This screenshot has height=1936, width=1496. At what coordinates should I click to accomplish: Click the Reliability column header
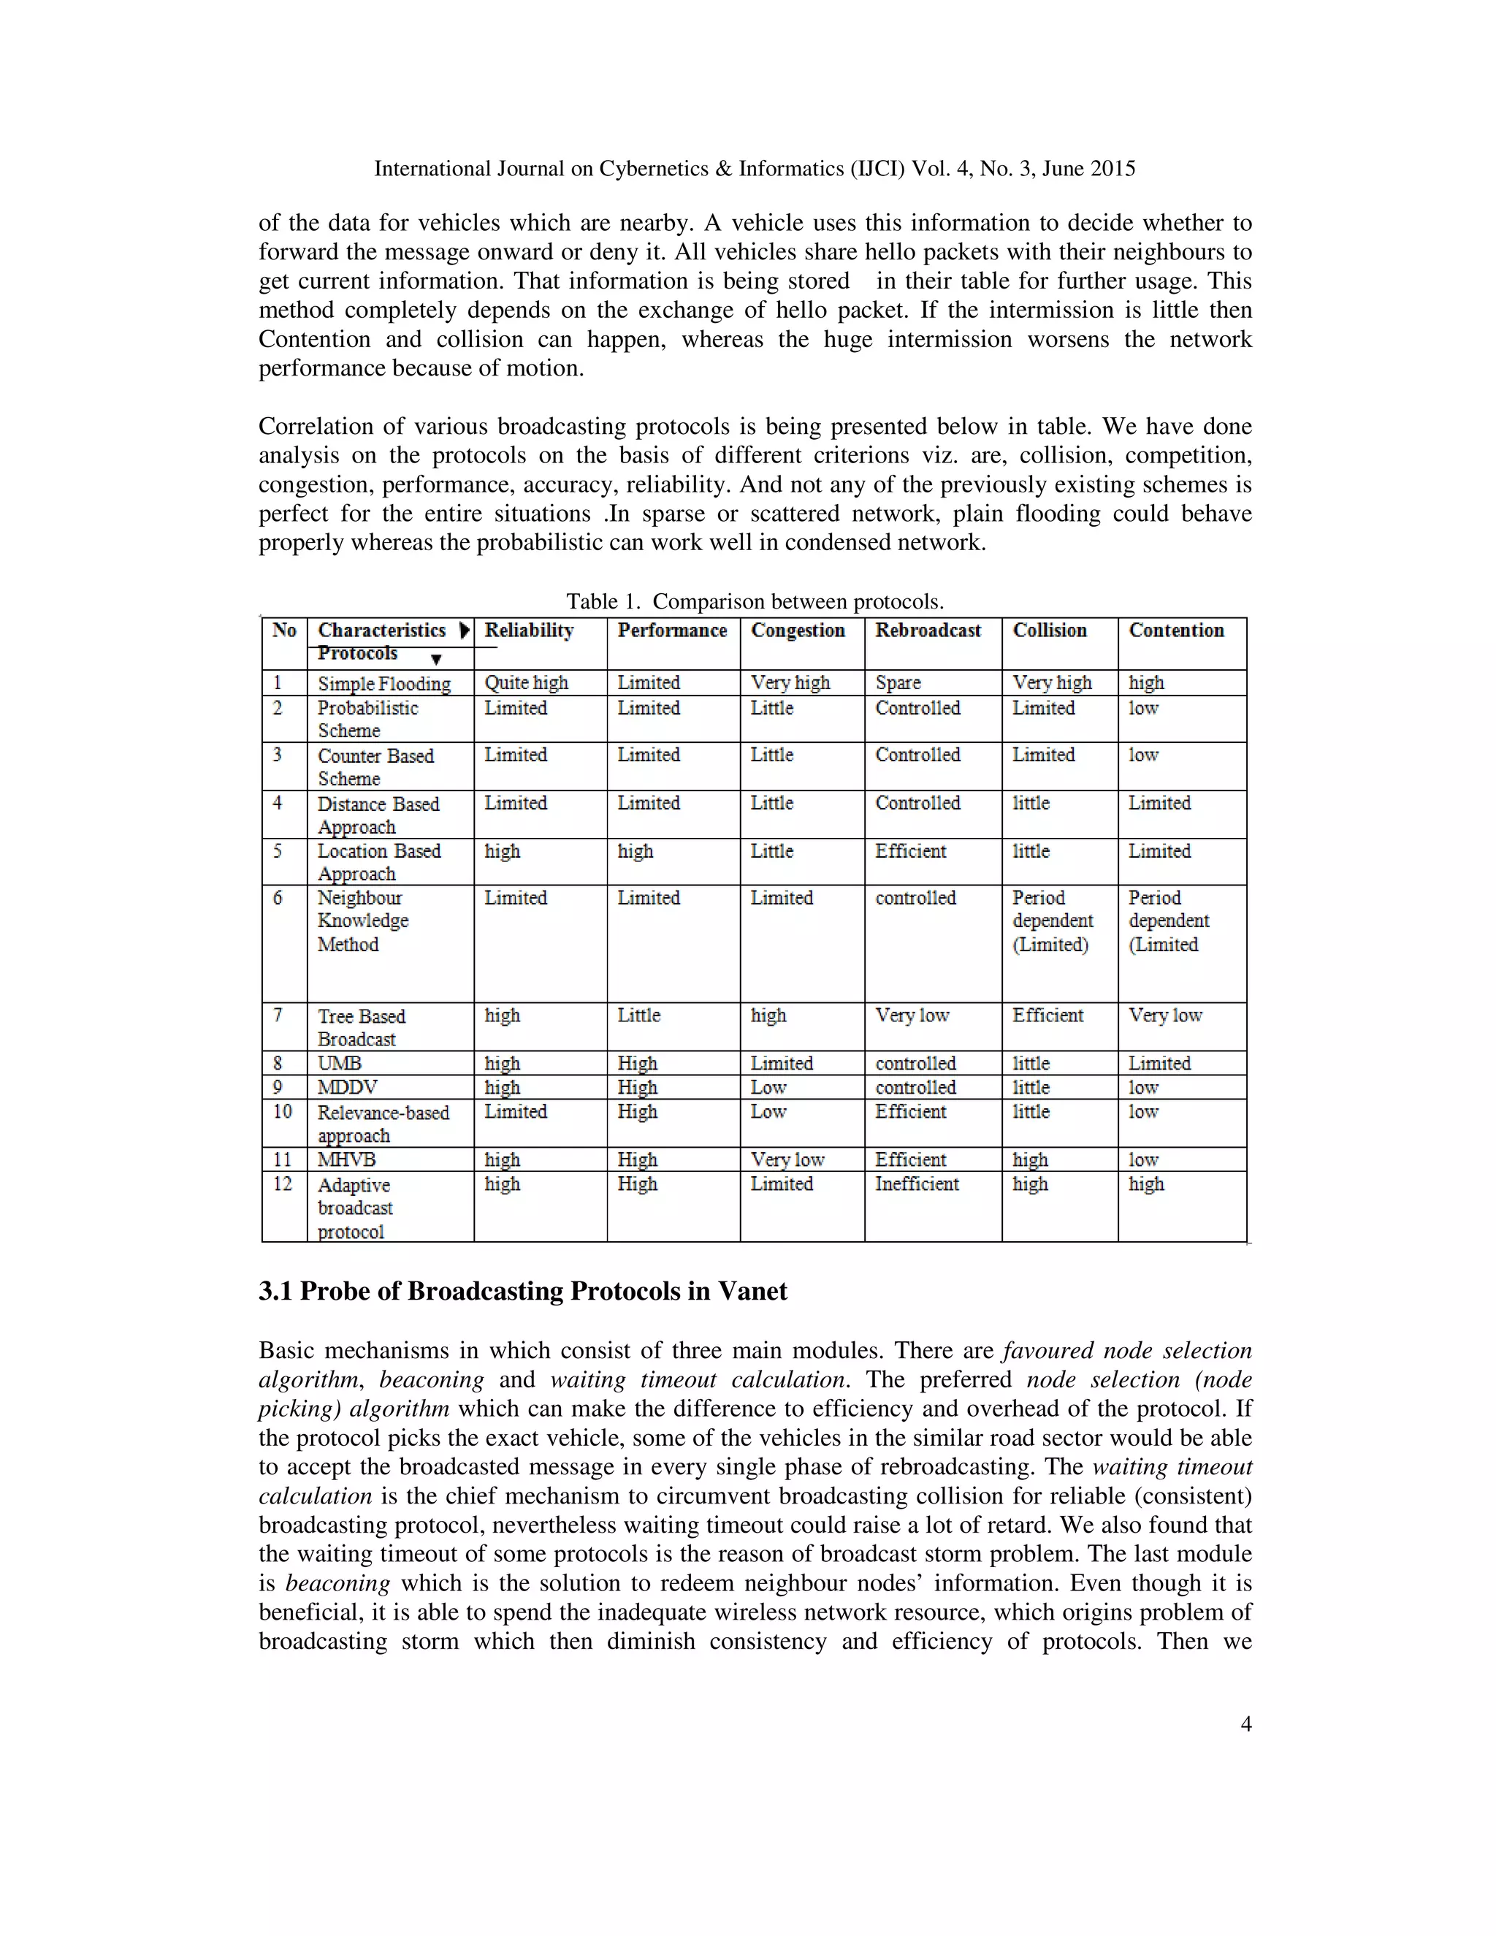(x=528, y=630)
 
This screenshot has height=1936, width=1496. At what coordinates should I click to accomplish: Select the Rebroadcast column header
(x=928, y=630)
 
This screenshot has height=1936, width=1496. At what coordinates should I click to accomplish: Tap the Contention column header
(x=1176, y=630)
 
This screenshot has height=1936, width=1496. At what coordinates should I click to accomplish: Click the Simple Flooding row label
(x=383, y=684)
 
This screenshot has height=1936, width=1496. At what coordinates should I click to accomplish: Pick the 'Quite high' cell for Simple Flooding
(x=525, y=682)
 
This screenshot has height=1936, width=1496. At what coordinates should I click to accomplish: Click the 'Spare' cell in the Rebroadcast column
(x=898, y=682)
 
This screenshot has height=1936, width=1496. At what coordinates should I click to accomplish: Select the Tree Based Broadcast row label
(x=361, y=1027)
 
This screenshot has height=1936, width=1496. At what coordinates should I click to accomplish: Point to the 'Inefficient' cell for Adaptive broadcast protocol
(x=917, y=1184)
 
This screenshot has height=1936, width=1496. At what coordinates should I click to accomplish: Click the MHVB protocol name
(x=346, y=1159)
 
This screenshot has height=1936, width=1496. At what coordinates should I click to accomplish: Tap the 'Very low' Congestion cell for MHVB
(x=787, y=1159)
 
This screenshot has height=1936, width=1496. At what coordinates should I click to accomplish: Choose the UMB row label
(x=340, y=1063)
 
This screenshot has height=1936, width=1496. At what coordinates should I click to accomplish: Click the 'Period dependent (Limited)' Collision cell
(x=1052, y=921)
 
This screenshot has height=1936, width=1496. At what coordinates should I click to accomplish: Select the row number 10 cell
(x=283, y=1112)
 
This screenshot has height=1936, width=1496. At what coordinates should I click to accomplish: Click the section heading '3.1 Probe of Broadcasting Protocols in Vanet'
(x=523, y=1292)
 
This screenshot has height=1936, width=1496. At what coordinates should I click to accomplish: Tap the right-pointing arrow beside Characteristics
(x=465, y=630)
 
